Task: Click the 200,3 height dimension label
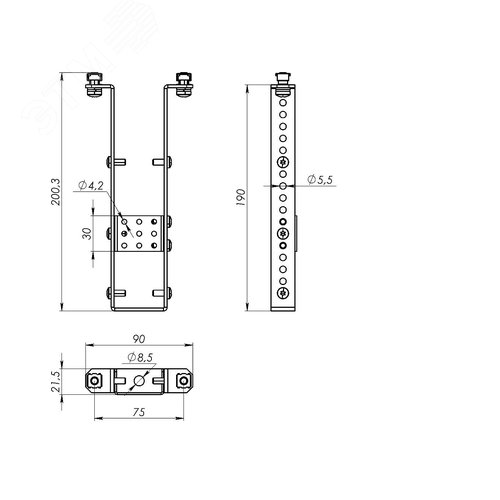pos(56,192)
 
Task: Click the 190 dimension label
pos(241,197)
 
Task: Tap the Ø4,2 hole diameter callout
pos(91,186)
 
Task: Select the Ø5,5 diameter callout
pos(320,180)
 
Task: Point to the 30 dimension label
pos(87,233)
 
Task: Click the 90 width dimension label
pos(139,339)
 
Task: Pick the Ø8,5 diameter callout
pos(140,357)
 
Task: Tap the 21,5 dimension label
pos(56,382)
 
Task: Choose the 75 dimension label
pos(139,412)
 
